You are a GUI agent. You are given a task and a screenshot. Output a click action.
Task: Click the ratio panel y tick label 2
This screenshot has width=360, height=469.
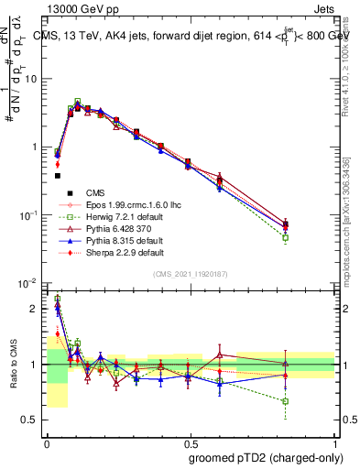(x=35, y=309)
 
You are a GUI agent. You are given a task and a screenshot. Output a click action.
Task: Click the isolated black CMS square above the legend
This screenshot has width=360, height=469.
(x=57, y=175)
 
